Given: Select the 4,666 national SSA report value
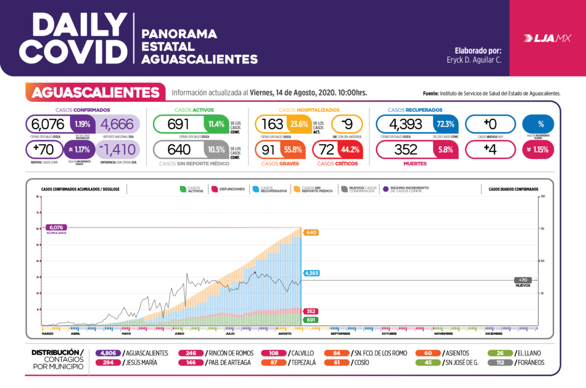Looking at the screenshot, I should [117, 123].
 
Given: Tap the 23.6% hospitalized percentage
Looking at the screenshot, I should [299, 123].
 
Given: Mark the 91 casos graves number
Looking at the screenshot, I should [268, 149].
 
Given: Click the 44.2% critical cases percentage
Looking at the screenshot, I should [350, 149].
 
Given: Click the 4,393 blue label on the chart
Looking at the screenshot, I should [312, 273].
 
